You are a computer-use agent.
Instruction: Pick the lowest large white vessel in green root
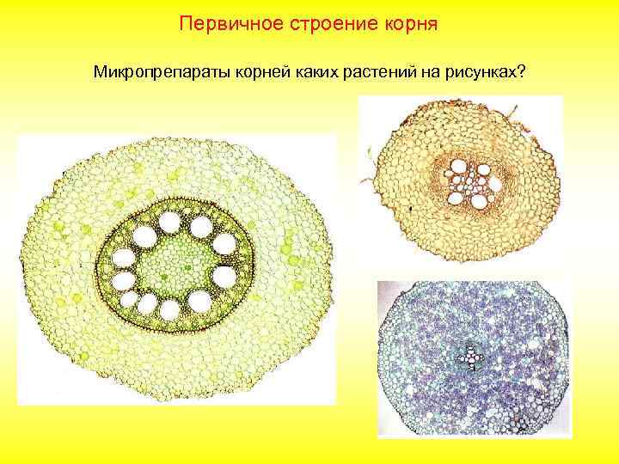(169, 308)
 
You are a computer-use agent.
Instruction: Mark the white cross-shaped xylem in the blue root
(469, 355)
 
